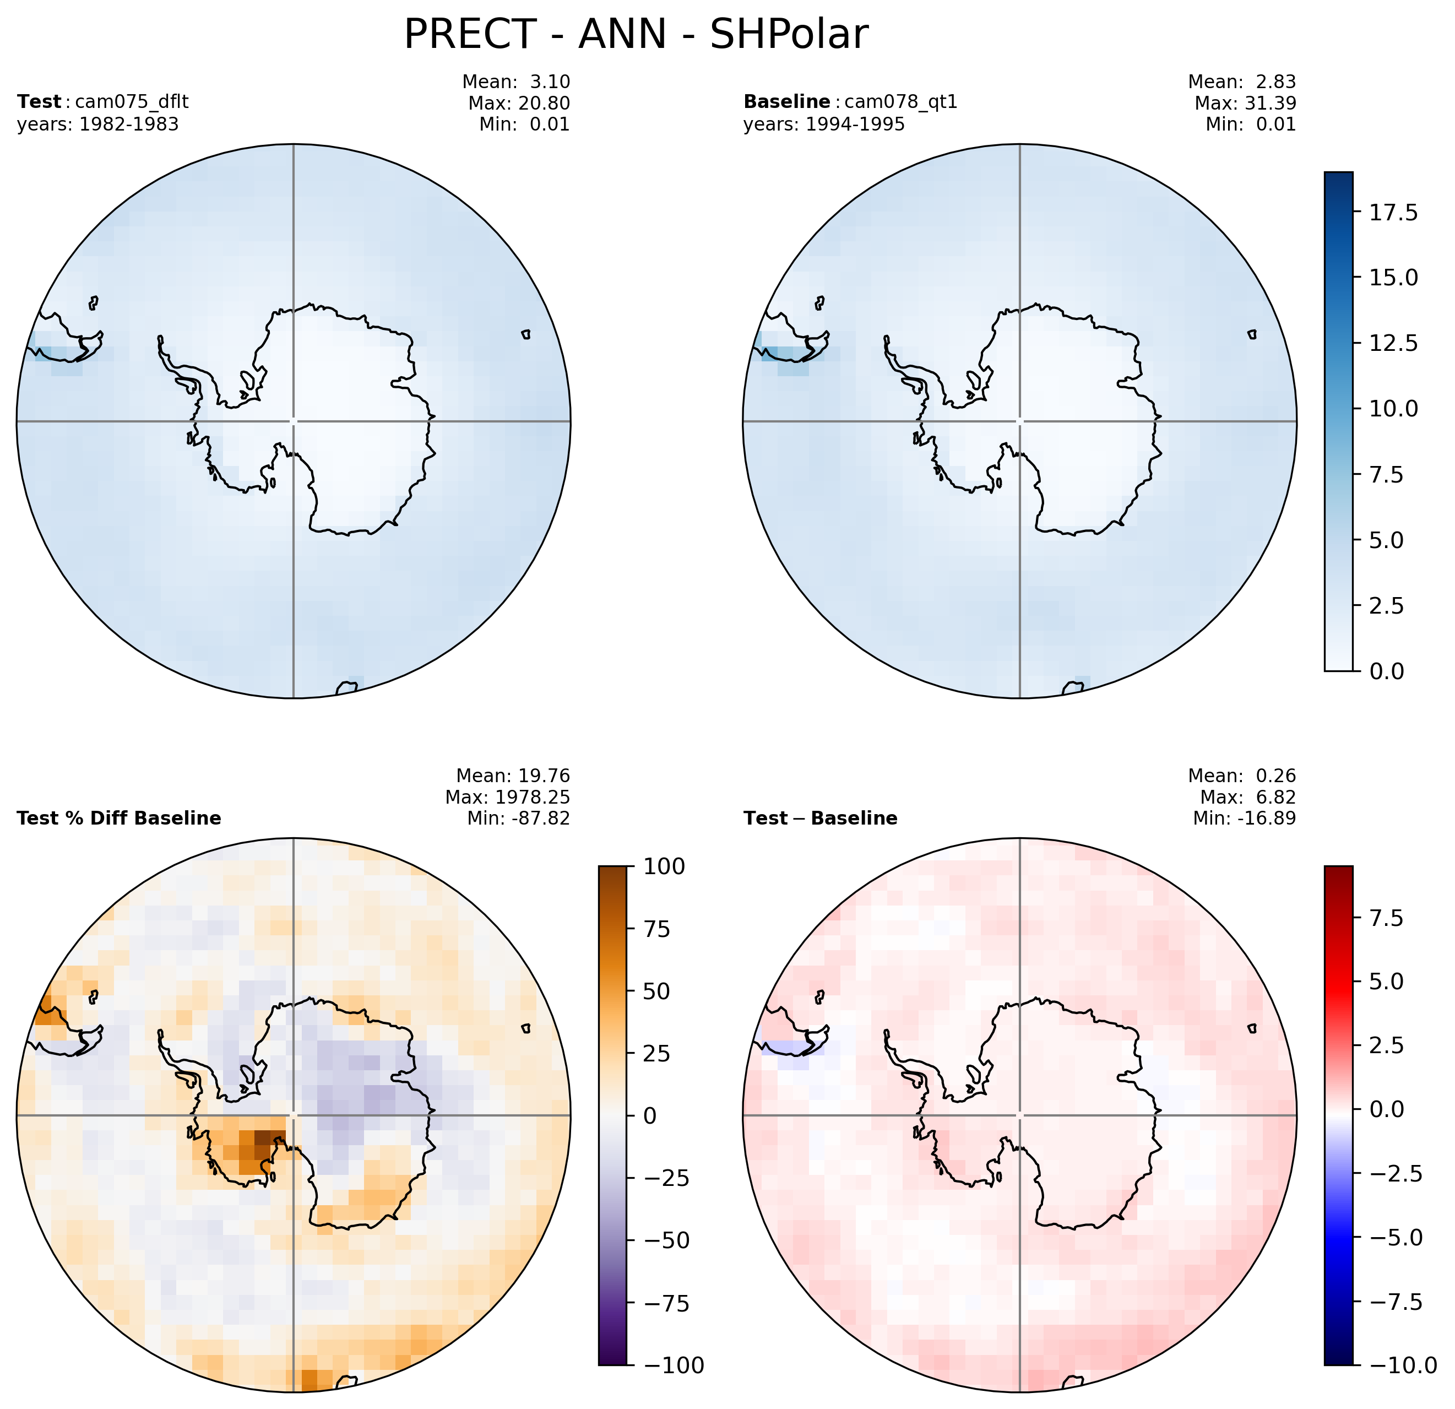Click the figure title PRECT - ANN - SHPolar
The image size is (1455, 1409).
636,35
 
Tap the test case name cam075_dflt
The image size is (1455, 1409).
126,102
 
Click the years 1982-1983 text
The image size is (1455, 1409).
98,124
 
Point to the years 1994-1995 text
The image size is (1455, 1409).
824,124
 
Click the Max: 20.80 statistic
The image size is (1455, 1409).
519,102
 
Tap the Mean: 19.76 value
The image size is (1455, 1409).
513,776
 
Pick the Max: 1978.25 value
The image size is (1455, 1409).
508,797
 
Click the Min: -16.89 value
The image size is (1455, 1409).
1244,818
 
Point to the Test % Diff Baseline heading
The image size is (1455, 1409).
119,818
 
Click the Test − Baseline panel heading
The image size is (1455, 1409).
820,818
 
